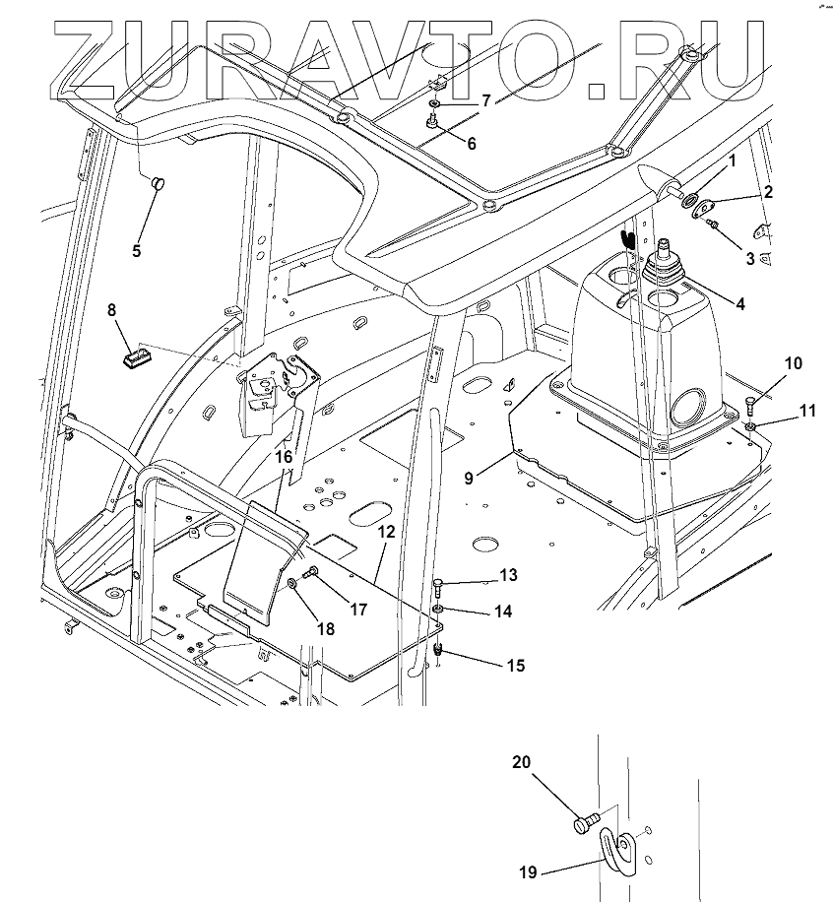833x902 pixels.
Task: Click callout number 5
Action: [x=136, y=251]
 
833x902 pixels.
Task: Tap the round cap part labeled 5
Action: [x=158, y=183]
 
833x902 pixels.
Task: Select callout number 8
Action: [x=111, y=310]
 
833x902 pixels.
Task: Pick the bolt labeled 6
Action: [x=433, y=122]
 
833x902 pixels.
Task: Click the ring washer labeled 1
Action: [x=687, y=200]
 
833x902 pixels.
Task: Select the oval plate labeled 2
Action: [x=701, y=207]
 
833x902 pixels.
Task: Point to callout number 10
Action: [x=794, y=363]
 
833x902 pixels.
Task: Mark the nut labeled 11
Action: [x=750, y=426]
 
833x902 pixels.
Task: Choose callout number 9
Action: [x=469, y=478]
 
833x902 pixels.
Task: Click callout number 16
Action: [x=285, y=457]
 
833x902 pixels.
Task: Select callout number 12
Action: [x=387, y=532]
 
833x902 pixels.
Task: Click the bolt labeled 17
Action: [x=310, y=571]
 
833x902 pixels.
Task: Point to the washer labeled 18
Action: [x=292, y=584]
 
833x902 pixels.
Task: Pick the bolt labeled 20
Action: [x=586, y=822]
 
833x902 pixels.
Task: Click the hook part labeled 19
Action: [x=621, y=851]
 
